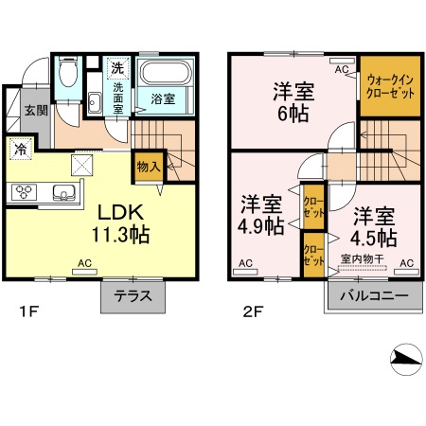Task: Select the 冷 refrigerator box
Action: pos(21,149)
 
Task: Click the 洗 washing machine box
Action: pos(116,68)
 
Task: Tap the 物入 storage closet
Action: pos(148,166)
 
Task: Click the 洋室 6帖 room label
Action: pos(293,102)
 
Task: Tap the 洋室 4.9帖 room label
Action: pos(260,215)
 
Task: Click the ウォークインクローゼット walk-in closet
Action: pos(389,89)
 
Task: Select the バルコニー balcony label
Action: pos(373,295)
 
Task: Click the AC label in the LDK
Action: pos(83,262)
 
